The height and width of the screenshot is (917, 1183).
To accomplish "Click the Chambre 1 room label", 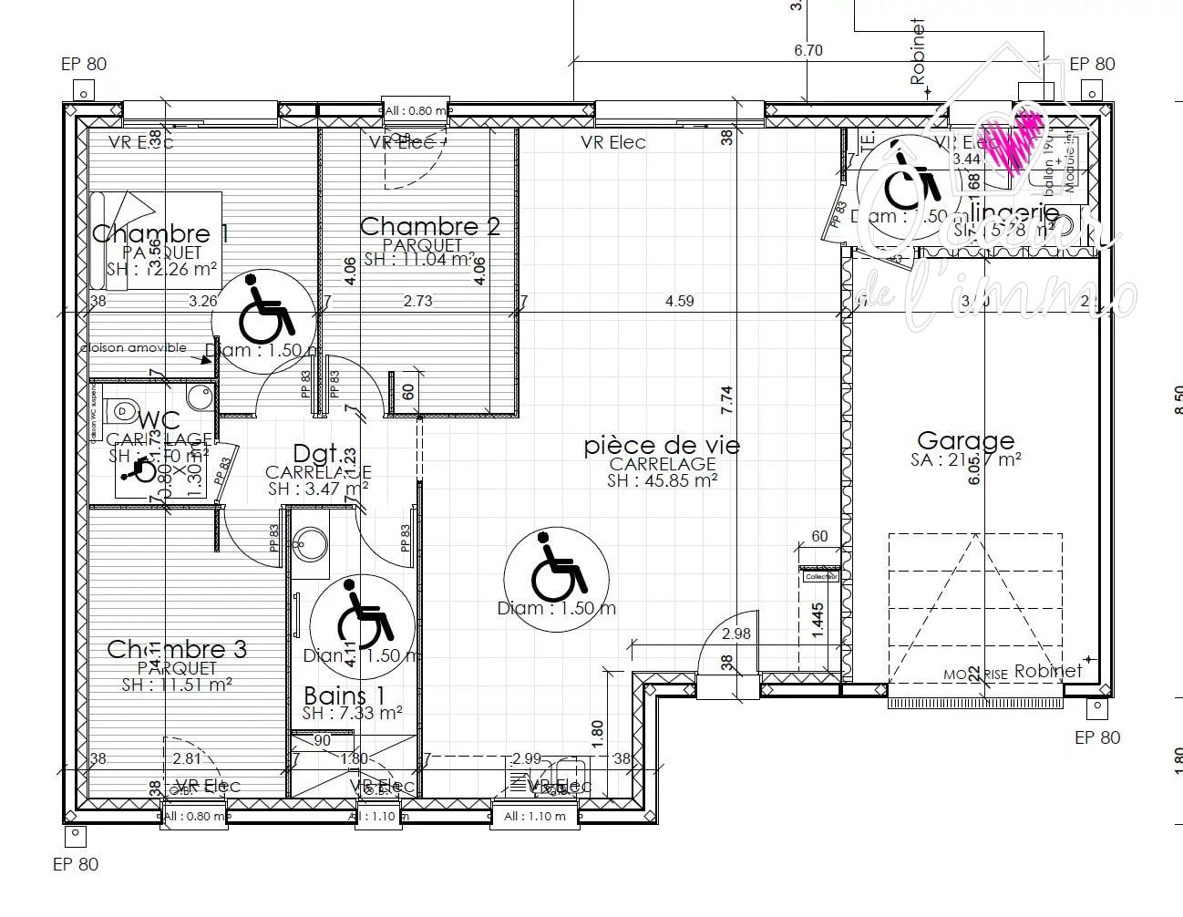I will coord(160,234).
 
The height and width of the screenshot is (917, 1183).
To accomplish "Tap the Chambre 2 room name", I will coord(430,226).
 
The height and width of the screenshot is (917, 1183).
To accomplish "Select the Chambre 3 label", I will coord(177,649).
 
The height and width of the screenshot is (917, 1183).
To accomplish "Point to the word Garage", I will coord(965,441).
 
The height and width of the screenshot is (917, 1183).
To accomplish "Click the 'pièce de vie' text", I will coord(662,446).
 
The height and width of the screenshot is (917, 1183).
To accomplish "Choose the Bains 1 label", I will coord(345,696).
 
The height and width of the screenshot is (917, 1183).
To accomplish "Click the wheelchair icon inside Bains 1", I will coord(362,620).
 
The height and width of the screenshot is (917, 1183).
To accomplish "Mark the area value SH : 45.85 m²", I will coord(662,480).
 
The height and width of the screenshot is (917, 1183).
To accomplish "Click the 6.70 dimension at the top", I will coord(808,50).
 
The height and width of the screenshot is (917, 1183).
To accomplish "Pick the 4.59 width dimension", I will coord(679,301).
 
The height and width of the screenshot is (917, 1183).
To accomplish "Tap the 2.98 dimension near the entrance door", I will coord(736,634).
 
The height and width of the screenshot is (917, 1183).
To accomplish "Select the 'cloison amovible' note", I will coord(133,347).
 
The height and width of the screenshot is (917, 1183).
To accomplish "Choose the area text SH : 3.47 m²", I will coord(318,489).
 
